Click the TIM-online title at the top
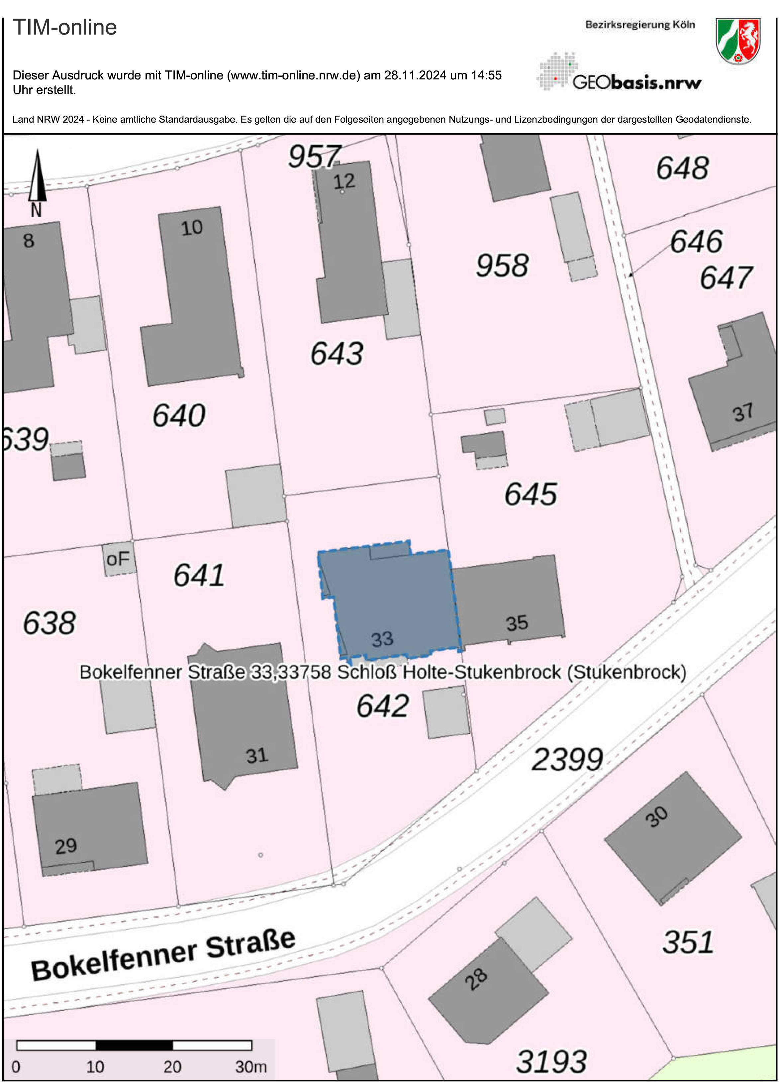coord(64,27)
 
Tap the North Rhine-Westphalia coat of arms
coord(738,41)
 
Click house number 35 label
coord(517,623)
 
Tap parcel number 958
coord(502,266)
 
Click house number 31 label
coord(257,756)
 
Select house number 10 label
coord(192,228)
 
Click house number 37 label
coord(743,412)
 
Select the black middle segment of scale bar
coord(134,1045)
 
